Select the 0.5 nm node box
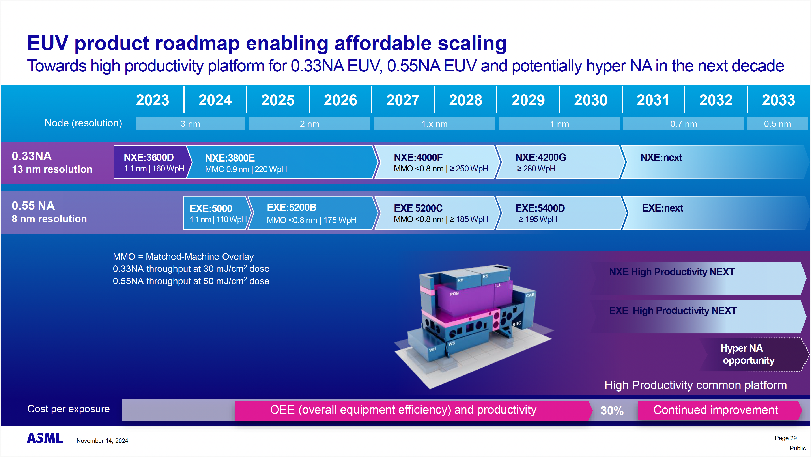(x=777, y=124)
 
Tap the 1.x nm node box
(x=434, y=124)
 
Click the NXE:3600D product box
(x=150, y=162)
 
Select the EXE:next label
(x=662, y=208)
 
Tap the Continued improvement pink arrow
(x=715, y=410)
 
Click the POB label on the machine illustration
(x=454, y=294)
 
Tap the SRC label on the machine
(x=516, y=324)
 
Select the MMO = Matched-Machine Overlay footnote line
(x=183, y=257)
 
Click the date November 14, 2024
(x=102, y=441)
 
